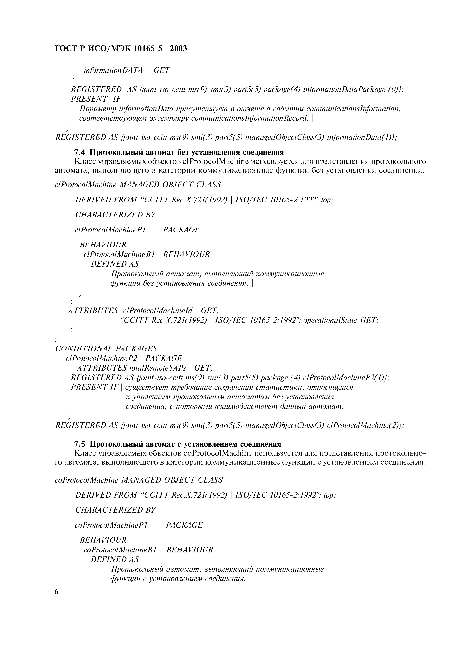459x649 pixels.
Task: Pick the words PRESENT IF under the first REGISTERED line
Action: (96, 99)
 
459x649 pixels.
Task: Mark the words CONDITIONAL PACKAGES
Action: (106, 349)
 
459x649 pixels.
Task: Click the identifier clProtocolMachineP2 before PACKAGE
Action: (101, 358)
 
